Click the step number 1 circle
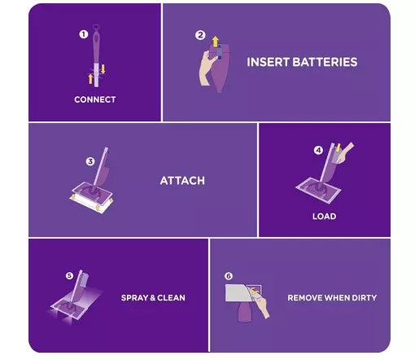click(x=84, y=34)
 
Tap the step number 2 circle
click(x=200, y=35)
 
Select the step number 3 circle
click(x=90, y=161)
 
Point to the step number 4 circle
click(x=318, y=150)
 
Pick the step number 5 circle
click(x=69, y=276)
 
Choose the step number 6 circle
click(x=229, y=276)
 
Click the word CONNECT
click(x=95, y=99)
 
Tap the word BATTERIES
click(x=325, y=62)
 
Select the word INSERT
click(x=268, y=62)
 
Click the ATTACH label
click(x=182, y=181)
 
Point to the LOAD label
click(x=324, y=217)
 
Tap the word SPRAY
click(x=134, y=298)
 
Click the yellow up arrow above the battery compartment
click(x=215, y=42)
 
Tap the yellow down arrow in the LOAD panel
click(x=338, y=148)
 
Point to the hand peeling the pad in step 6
click(x=260, y=304)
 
